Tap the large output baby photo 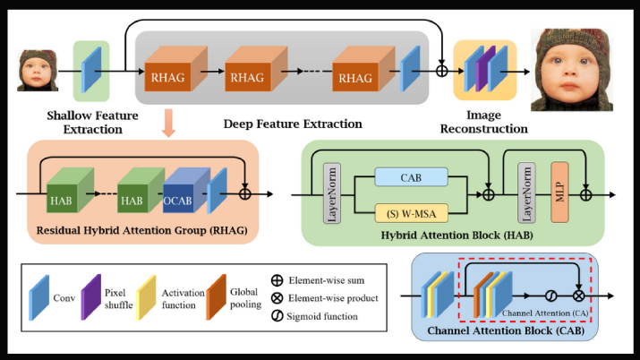(x=571, y=70)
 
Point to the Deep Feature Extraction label (x=292, y=124)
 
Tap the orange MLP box (x=560, y=193)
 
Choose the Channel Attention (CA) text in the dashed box (x=542, y=312)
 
